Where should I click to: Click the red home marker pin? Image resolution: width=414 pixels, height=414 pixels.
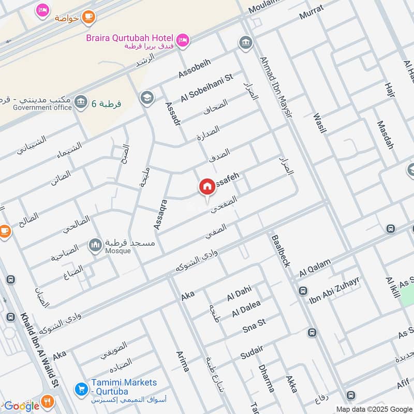tap(207, 187)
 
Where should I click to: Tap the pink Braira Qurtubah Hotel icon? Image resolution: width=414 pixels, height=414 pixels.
tap(183, 39)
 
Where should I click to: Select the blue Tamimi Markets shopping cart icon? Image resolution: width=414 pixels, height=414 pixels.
tap(80, 388)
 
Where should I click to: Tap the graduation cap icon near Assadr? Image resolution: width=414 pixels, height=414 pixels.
tap(147, 97)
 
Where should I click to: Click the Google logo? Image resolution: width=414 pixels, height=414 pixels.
tap(22, 406)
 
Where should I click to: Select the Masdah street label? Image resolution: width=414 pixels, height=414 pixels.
tap(386, 135)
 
